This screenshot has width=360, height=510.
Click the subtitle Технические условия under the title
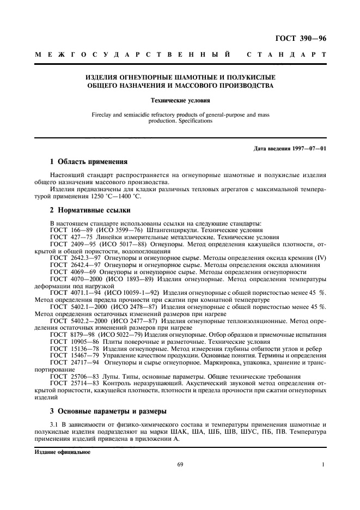[x=180, y=100]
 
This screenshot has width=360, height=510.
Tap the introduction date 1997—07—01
[x=290, y=149]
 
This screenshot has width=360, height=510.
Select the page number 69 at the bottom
[x=180, y=464]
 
